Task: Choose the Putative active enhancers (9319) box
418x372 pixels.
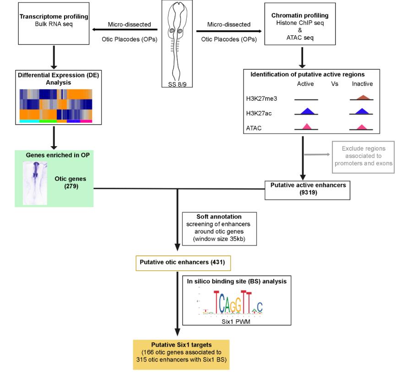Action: [302, 189]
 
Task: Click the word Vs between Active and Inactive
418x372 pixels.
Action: [334, 84]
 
